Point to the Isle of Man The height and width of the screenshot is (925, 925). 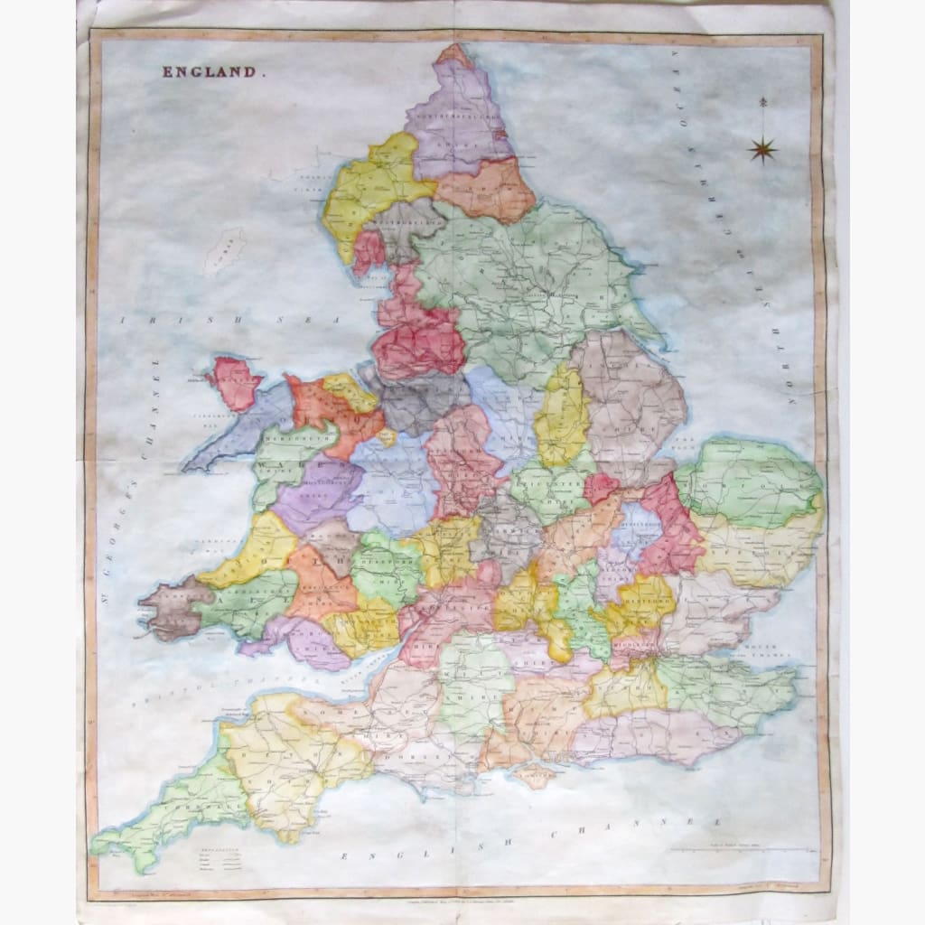pos(222,250)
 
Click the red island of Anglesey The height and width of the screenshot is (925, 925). pos(235,381)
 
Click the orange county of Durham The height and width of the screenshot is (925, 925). pos(485,190)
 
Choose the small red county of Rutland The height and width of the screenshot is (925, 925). pos(600,489)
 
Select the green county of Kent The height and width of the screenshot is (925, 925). pos(723,691)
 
